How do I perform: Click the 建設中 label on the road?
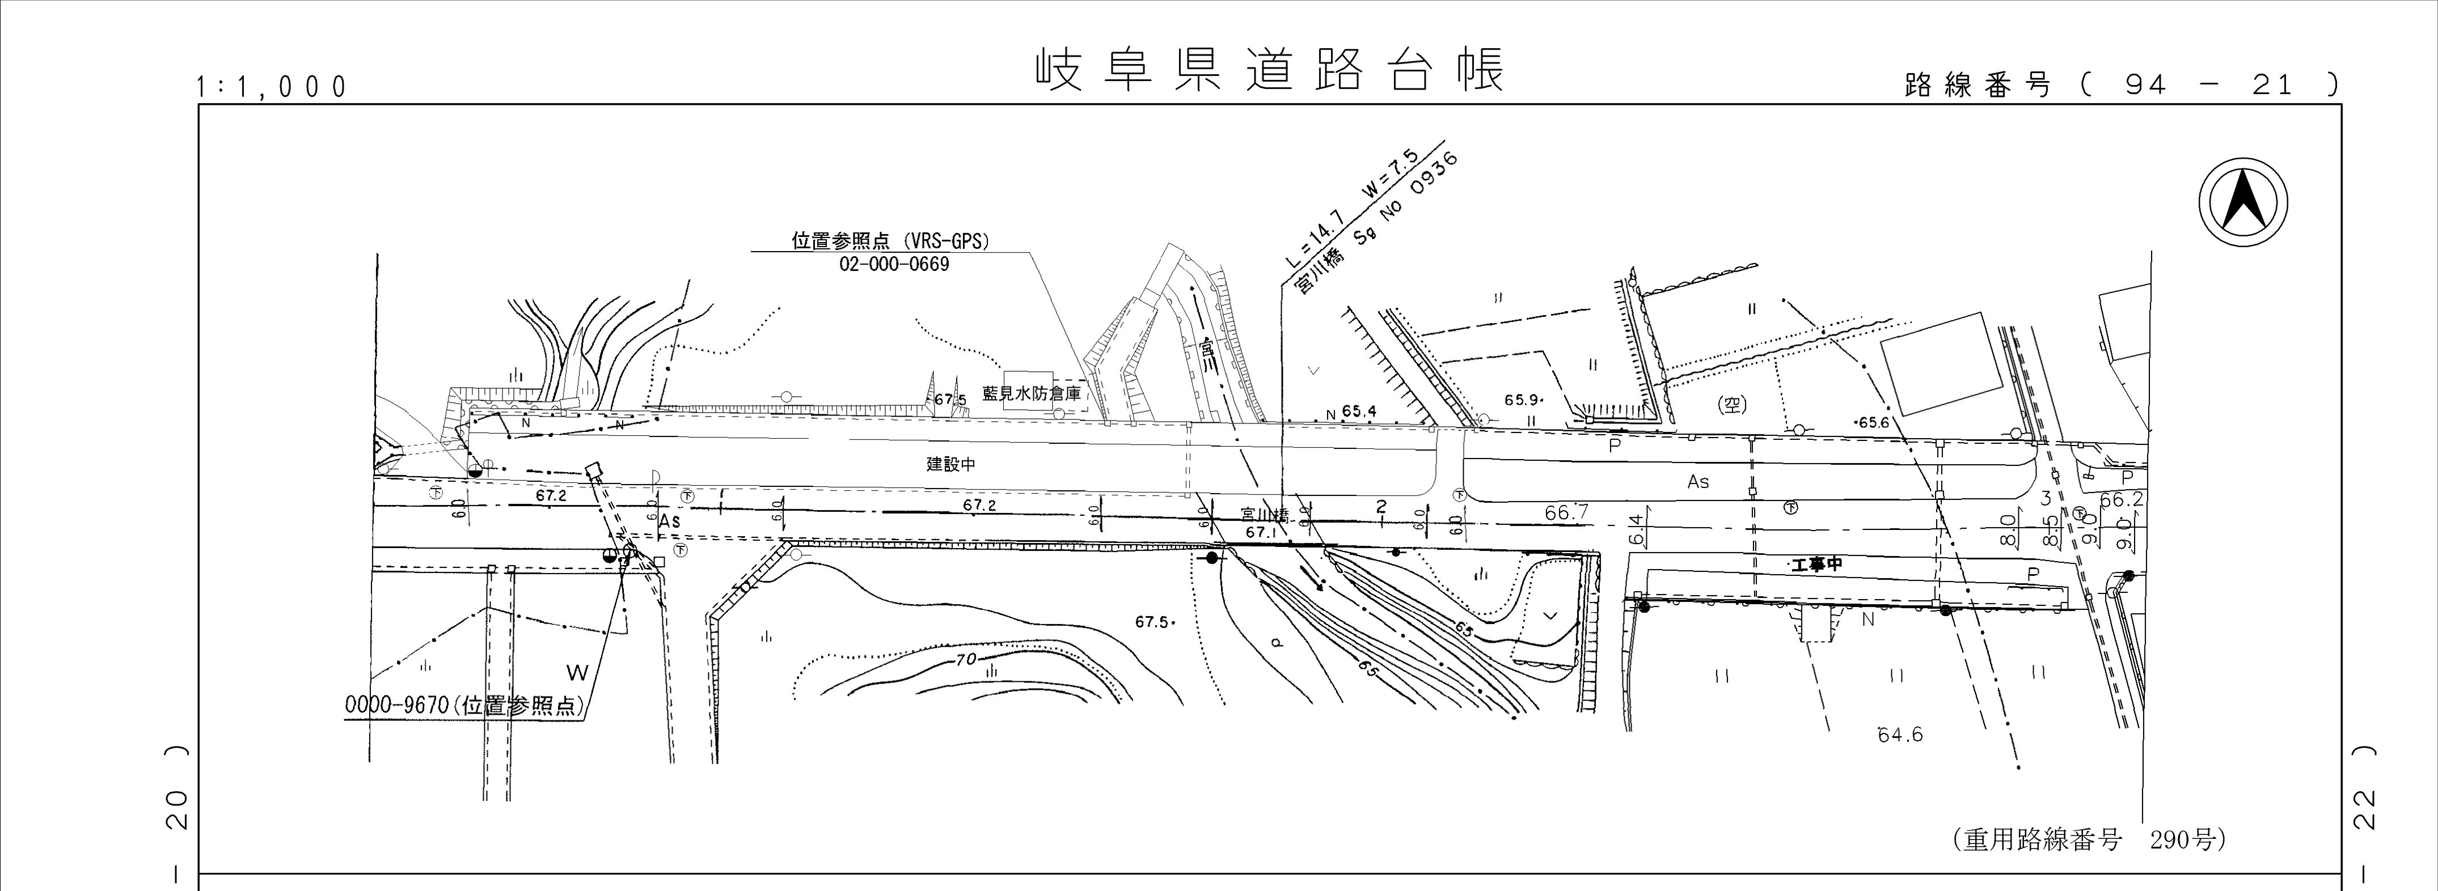tap(950, 464)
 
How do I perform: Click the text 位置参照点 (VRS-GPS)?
tap(890, 241)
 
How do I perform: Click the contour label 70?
tap(965, 659)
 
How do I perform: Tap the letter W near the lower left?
tap(577, 673)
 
